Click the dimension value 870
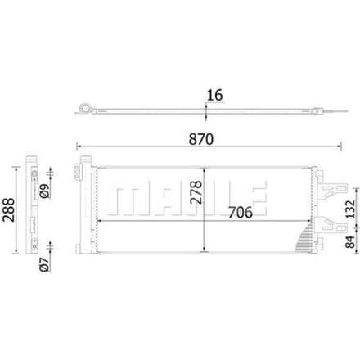pyautogui.click(x=201, y=139)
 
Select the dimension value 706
pyautogui.click(x=241, y=213)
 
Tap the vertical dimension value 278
pyautogui.click(x=196, y=192)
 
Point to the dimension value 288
pyautogui.click(x=8, y=209)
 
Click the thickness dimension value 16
pyautogui.click(x=215, y=95)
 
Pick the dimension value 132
pyautogui.click(x=351, y=209)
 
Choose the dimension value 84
pyautogui.click(x=351, y=242)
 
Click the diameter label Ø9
pyautogui.click(x=44, y=191)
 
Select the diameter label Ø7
pyautogui.click(x=44, y=264)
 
